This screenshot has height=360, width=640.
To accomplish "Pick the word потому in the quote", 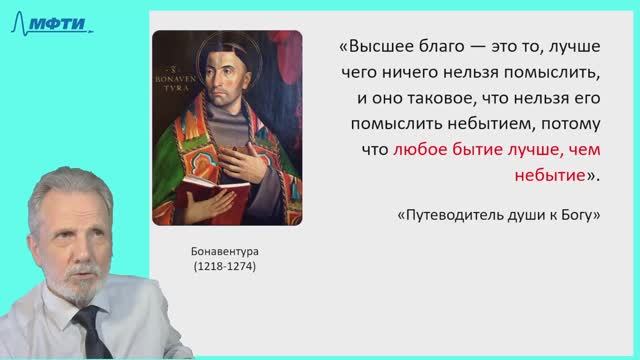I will click(x=567, y=126).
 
